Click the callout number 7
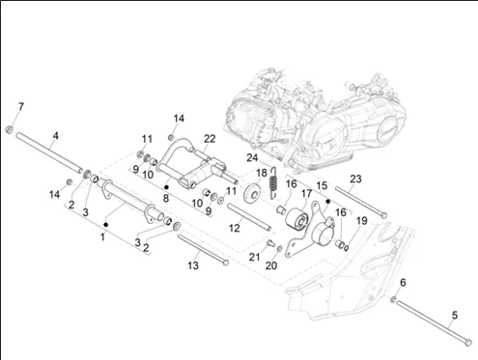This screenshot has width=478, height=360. pos(21,106)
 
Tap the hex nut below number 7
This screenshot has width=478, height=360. pos(10,129)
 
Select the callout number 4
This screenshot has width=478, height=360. pos(56,136)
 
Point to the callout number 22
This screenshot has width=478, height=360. pos(210,139)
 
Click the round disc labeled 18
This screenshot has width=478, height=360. pos(252,193)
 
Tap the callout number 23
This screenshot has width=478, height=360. pos(355,179)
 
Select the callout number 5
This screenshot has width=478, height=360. pos(455,315)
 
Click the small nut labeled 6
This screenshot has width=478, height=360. pos(393,299)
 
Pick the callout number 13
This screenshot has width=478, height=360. pos(193,265)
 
